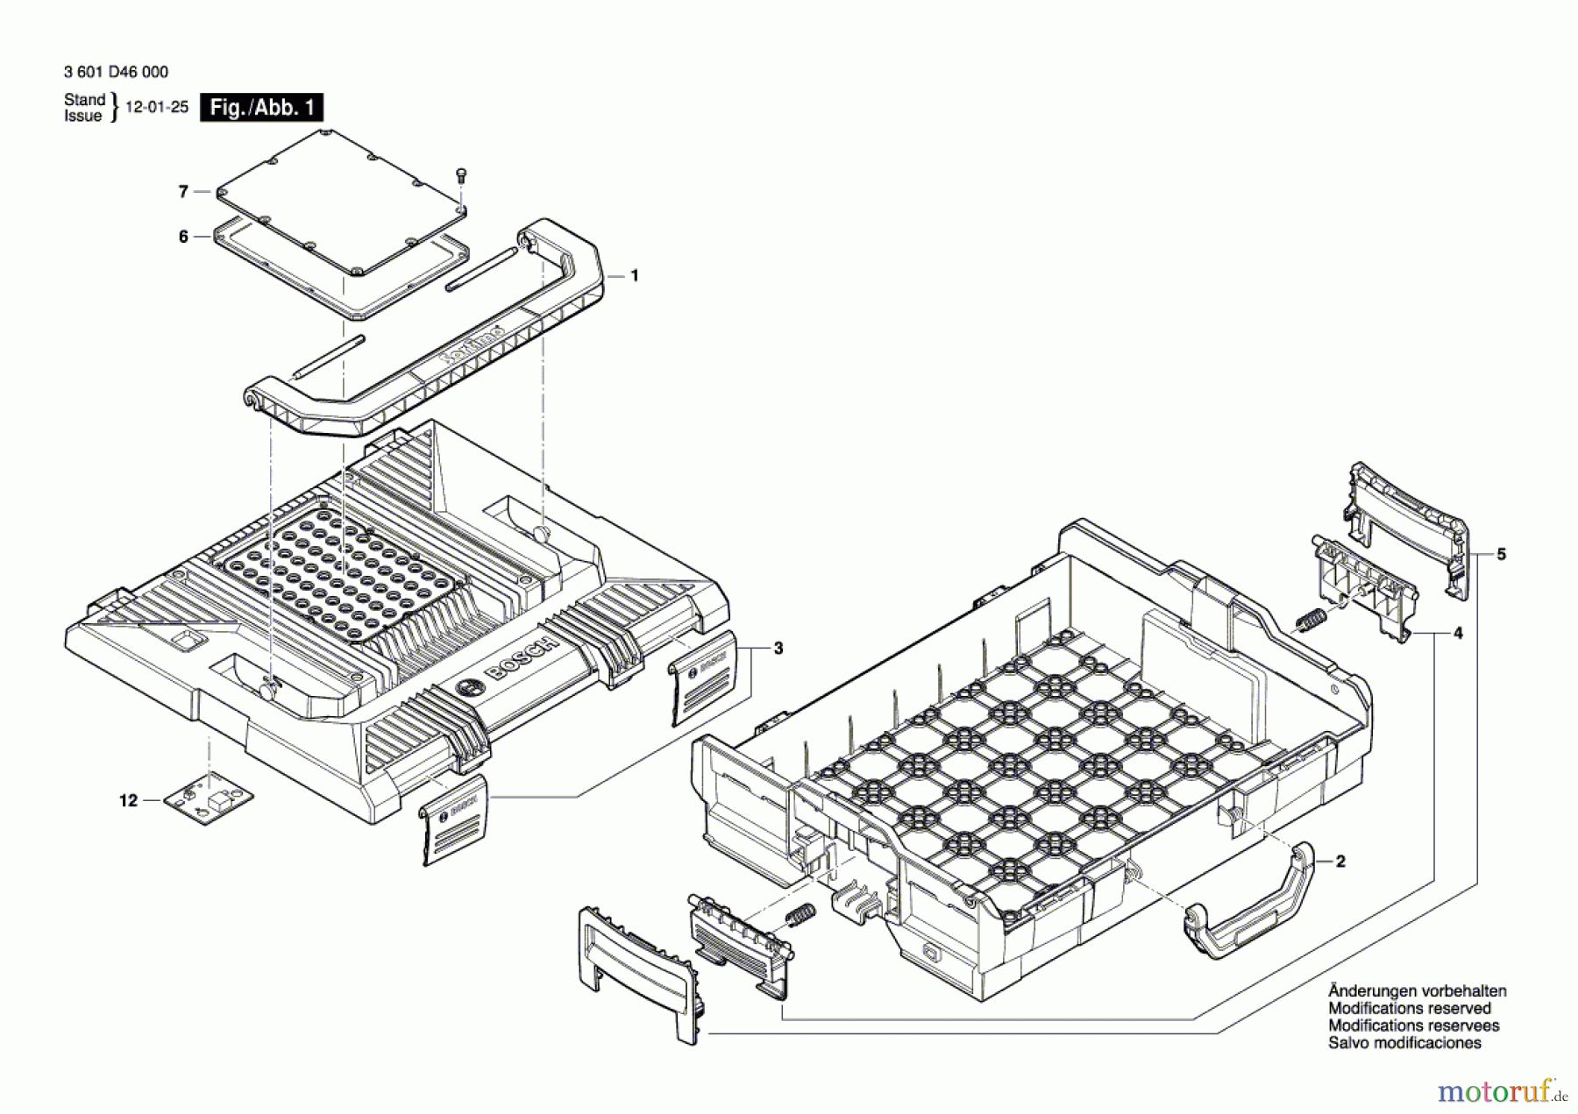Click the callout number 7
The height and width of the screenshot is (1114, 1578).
[x=183, y=191]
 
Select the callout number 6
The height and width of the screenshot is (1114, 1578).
[x=183, y=237]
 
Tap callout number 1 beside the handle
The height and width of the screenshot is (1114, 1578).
[x=635, y=275]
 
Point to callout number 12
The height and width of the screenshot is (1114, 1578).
[x=129, y=800]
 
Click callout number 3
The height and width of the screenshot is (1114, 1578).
[x=778, y=649]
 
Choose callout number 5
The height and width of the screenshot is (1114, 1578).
[x=1501, y=554]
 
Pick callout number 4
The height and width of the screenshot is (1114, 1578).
[x=1457, y=633]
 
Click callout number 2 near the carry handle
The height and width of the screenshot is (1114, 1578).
[x=1340, y=862]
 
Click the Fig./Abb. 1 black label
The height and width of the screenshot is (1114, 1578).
[x=261, y=107]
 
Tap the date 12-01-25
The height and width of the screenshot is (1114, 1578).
[x=157, y=107]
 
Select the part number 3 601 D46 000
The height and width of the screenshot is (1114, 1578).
[x=116, y=72]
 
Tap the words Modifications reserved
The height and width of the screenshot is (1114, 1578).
[x=1409, y=1009]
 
